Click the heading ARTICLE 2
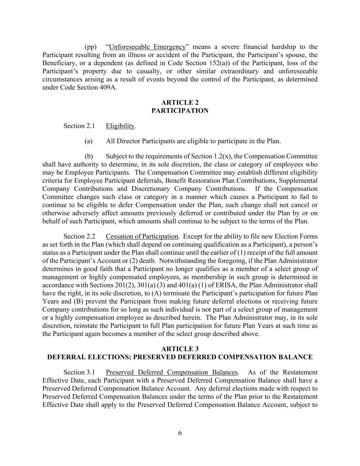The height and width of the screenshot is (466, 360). tap(180, 102)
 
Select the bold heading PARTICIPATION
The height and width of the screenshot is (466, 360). tap(180, 111)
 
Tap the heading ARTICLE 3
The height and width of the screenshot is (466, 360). tap(180, 349)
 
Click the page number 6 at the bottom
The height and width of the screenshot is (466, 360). tap(180, 433)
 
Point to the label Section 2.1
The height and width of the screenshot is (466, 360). tap(79, 126)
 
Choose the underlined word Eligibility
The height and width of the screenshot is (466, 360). tap(120, 126)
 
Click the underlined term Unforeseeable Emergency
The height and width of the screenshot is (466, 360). tap(147, 47)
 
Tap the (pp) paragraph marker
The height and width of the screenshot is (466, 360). tap(90, 47)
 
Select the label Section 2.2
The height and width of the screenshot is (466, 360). tap(79, 236)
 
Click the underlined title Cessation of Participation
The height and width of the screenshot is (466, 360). tap(142, 236)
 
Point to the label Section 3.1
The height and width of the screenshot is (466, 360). tap(79, 372)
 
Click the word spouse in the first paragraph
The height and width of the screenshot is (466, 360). tap(290, 55)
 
